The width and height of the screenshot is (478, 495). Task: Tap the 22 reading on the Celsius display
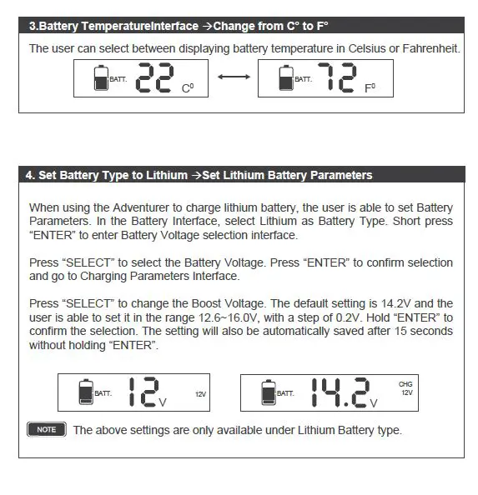coord(156,78)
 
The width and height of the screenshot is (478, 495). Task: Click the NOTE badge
coord(47,430)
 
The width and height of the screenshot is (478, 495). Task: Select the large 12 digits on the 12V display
coord(143,392)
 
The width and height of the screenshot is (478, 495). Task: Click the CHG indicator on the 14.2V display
coord(405,383)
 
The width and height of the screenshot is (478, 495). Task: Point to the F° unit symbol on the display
coord(370,87)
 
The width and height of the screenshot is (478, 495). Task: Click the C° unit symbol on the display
coord(188,87)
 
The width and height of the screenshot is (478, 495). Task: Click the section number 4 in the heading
coord(29,175)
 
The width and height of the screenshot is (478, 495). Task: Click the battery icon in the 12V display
coord(85,392)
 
